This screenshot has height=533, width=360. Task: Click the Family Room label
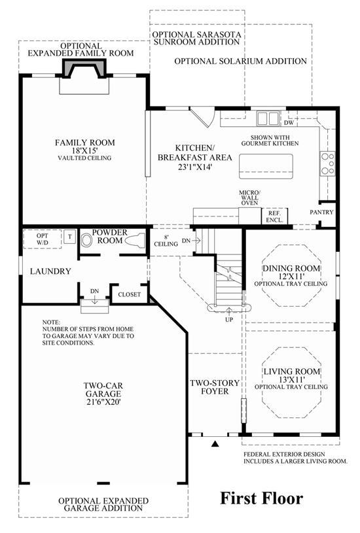point(84,143)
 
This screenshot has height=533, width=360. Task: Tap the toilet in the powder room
point(135,240)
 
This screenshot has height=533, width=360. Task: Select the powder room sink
point(87,241)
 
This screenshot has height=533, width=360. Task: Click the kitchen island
point(266,166)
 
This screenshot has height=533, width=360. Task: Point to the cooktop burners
point(328,163)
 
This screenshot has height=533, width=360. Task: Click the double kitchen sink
point(268,118)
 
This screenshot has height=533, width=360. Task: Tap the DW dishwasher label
point(289,122)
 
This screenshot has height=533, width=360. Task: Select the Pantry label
point(321,212)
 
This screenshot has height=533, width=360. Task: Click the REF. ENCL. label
point(275,216)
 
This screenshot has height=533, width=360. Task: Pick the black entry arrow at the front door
point(215,443)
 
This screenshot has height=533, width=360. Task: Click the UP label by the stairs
point(229,320)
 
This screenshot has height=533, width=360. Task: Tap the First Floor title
point(261,498)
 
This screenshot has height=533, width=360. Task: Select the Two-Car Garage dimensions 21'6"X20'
point(103,402)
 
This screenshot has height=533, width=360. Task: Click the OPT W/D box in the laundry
point(42,239)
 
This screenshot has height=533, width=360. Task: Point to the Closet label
point(130,294)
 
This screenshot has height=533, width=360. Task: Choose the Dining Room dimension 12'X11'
point(291,277)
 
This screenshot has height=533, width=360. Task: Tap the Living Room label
point(292,371)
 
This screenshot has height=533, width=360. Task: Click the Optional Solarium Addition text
point(241,61)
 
